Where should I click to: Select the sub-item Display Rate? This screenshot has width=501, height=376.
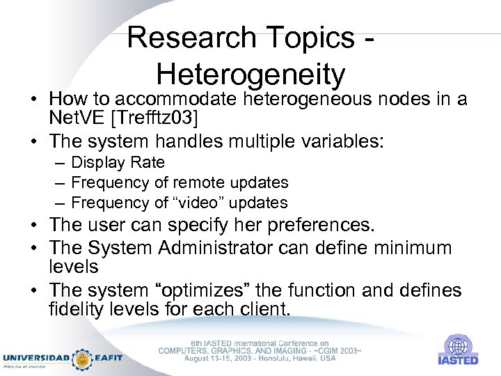pos(118,162)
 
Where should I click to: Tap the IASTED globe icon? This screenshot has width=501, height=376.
pos(457,345)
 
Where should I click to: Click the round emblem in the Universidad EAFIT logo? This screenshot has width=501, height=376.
pos(81,358)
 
